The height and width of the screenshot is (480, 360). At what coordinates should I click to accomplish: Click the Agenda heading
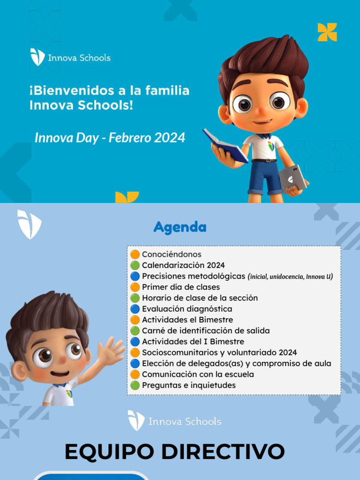click(x=180, y=227)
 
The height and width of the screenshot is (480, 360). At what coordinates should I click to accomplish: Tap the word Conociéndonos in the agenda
click(x=172, y=255)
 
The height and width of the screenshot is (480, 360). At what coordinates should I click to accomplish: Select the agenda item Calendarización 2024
click(x=177, y=265)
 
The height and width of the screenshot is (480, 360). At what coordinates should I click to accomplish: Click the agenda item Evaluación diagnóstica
click(x=187, y=309)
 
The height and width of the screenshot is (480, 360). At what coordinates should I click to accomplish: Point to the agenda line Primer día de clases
click(x=180, y=287)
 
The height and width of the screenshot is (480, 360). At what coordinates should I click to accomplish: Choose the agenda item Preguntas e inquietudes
click(x=188, y=385)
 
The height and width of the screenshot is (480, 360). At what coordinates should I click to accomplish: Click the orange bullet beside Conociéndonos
click(x=135, y=255)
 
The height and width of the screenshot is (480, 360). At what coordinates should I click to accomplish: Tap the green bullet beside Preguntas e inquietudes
click(x=135, y=385)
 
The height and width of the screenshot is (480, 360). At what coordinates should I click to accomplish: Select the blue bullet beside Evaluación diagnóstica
click(x=135, y=309)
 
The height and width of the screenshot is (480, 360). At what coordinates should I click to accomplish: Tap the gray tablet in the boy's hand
click(x=292, y=178)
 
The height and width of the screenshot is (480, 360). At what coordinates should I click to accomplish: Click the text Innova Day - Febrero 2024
click(x=110, y=138)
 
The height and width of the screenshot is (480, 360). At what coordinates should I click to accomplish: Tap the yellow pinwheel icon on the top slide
click(x=327, y=32)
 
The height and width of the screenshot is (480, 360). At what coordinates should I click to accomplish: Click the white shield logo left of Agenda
click(x=29, y=224)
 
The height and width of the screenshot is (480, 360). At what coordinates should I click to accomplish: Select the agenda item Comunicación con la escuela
click(x=198, y=375)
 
